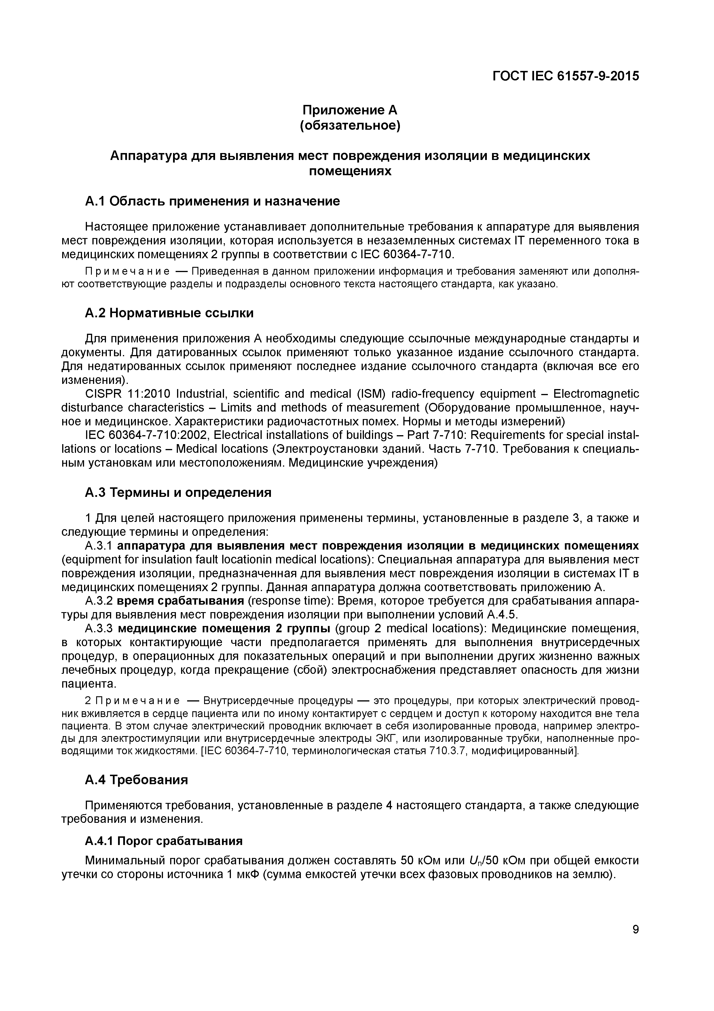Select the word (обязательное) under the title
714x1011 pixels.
[350, 126]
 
